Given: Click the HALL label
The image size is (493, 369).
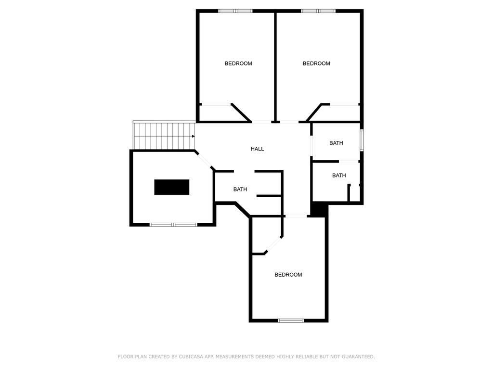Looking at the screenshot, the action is coord(257,149).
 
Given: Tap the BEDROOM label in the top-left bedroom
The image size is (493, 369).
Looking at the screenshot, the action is coord(238,64).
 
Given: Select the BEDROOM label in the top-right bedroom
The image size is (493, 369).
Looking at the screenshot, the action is coord(316,64).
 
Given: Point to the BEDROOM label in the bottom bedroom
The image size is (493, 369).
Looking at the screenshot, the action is coord(288,275).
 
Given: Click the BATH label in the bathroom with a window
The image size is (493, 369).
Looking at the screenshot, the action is coord(336,143).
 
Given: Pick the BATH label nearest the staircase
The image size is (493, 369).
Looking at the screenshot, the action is coord(240,189).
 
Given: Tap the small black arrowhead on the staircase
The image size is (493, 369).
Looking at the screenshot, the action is coord(194,136).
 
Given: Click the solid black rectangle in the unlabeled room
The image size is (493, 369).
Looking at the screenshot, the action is coord(172,187).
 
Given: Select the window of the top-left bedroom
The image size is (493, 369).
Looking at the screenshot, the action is coord(235,11).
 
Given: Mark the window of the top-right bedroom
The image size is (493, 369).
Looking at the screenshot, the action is coord(318,11).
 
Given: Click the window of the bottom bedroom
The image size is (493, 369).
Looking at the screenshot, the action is coord(291,320).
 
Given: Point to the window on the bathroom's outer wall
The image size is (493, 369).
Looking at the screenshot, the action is coord(362,140).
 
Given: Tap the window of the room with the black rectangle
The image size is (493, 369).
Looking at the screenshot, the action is coord(173,224).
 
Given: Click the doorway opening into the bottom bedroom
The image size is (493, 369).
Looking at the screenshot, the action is coord(296,216).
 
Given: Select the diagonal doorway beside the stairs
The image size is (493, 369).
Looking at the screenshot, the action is coord(204,160).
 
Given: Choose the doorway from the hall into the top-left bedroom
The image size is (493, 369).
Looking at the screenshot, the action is coord(261,122).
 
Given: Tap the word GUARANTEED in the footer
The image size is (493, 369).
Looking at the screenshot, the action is coord(358,357).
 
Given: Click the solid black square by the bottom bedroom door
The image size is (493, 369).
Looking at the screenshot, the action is coord(318,209).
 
